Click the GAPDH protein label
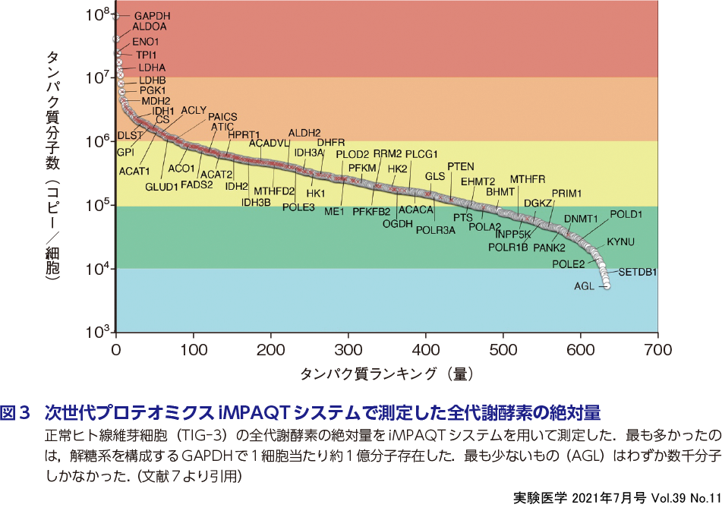click(152, 16)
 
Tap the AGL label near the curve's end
click(585, 286)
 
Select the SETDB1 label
click(637, 271)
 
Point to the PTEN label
click(460, 166)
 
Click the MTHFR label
click(527, 179)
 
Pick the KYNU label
click(620, 242)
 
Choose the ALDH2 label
click(304, 133)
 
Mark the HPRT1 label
click(244, 135)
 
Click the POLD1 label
click(626, 215)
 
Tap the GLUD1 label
click(161, 186)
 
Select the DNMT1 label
click(581, 219)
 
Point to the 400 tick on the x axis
click(426, 350)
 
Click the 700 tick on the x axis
click(657, 350)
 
